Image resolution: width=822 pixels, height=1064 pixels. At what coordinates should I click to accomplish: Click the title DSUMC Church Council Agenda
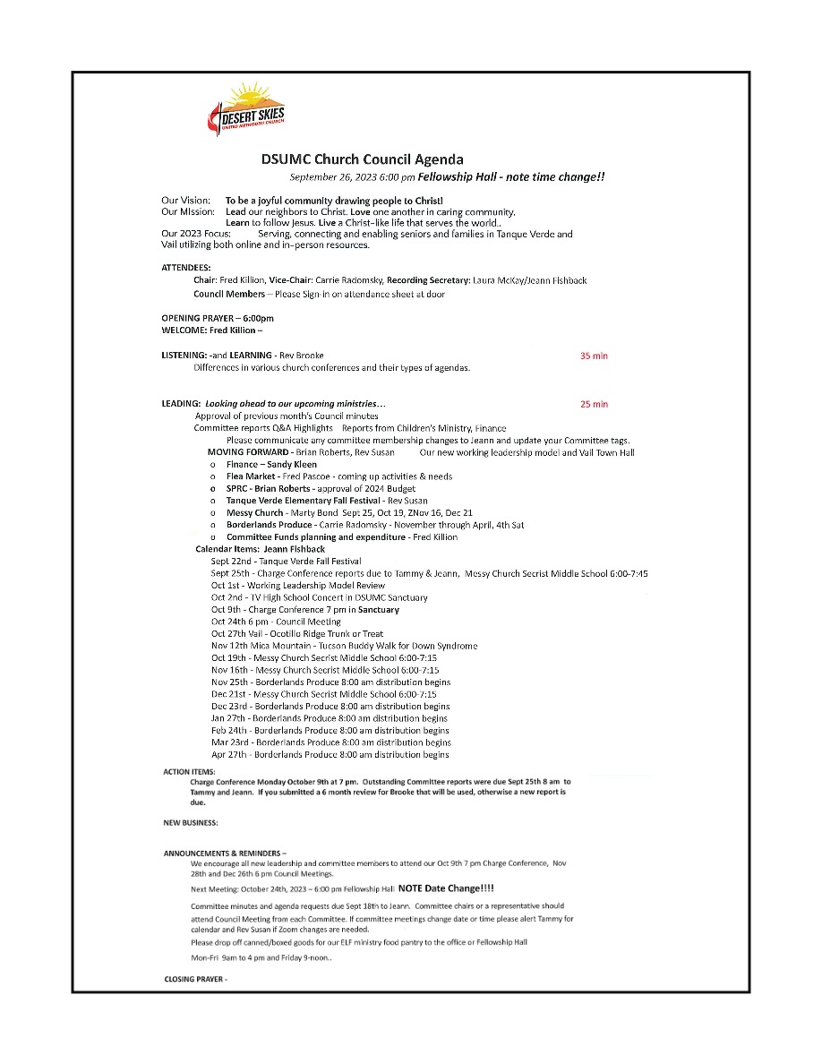tap(363, 159)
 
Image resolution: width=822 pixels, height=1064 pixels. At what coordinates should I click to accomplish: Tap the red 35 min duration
tap(594, 356)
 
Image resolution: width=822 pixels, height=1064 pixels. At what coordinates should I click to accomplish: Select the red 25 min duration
tap(594, 404)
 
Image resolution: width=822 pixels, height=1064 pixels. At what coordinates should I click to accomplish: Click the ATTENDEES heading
tap(186, 268)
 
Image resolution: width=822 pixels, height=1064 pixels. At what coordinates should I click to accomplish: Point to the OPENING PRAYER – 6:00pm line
tap(218, 318)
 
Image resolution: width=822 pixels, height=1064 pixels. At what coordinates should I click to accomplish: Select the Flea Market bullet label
tap(251, 476)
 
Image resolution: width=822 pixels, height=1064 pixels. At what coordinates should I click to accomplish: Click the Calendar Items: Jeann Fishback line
tap(260, 548)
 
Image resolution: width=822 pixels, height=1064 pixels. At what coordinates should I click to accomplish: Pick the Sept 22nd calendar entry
tap(287, 561)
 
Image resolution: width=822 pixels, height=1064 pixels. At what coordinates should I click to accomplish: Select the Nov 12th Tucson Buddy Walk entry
tap(344, 646)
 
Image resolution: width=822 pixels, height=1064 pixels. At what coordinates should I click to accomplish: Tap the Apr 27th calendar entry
tap(330, 754)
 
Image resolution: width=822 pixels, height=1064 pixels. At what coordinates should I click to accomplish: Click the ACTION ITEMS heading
tap(189, 771)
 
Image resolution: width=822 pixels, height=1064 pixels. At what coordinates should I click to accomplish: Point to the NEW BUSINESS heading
tap(191, 822)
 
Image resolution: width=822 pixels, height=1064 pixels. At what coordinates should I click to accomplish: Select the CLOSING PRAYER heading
tap(196, 979)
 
